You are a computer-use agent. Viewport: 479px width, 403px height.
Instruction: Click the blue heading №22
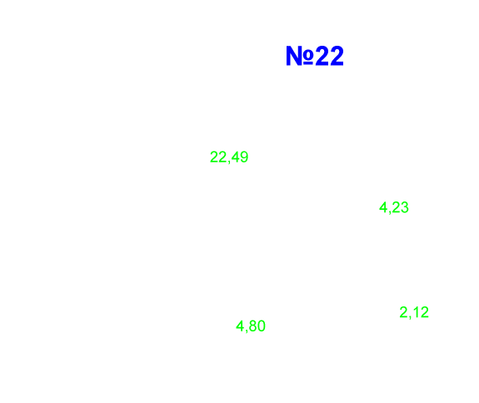click(315, 56)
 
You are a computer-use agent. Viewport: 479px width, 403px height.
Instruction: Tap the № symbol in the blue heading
click(300, 56)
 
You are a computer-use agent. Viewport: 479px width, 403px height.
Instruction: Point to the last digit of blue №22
click(337, 56)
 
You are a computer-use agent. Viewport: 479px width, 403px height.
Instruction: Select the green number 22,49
click(229, 157)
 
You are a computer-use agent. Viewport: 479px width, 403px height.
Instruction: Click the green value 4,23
click(394, 207)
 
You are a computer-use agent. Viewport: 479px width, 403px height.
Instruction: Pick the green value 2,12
click(414, 312)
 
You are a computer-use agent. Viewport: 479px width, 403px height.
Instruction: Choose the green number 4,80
click(251, 326)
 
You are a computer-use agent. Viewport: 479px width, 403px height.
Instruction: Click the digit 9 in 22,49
click(244, 157)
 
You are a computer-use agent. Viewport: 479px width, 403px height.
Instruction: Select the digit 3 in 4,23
click(405, 207)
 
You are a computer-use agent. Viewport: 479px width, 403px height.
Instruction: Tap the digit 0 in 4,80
click(262, 326)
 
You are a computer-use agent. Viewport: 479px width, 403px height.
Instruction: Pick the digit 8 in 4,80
click(253, 326)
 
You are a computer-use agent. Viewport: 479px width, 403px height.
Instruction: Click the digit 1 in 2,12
click(416, 312)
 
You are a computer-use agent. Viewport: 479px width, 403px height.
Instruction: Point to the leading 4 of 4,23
click(383, 207)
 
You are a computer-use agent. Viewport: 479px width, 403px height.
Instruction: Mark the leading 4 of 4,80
click(240, 326)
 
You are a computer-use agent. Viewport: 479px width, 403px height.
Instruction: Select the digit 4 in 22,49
click(236, 157)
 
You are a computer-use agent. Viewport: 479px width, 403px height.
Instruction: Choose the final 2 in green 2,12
click(425, 312)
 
